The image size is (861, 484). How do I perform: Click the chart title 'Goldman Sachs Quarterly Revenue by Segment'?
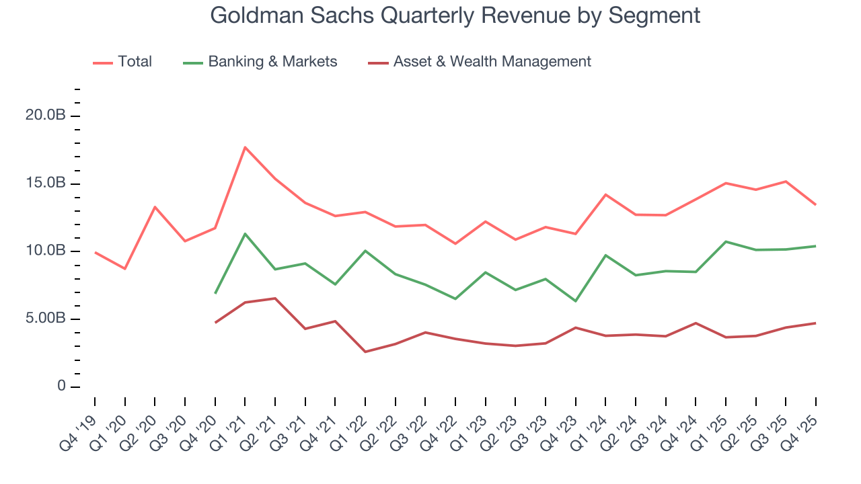(455, 15)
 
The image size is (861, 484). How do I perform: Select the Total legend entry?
(135, 62)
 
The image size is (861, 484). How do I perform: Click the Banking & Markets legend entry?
(272, 62)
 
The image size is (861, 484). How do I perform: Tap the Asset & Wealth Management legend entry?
(492, 62)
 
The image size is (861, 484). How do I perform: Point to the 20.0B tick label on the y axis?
(45, 116)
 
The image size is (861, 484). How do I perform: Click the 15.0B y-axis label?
(45, 184)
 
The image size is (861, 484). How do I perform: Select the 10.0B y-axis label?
(45, 251)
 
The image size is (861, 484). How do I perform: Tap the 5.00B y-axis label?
(45, 319)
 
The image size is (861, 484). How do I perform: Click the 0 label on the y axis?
(61, 387)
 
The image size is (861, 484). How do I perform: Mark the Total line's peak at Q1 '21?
(245, 147)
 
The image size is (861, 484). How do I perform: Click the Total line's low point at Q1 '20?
(125, 269)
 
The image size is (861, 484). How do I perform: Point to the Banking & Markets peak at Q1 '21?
(245, 234)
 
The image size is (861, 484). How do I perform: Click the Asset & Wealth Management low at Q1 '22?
(365, 352)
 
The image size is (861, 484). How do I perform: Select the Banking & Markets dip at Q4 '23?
(575, 301)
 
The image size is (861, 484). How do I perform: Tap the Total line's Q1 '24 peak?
(605, 195)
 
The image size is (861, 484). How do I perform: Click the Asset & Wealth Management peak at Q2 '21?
(275, 298)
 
